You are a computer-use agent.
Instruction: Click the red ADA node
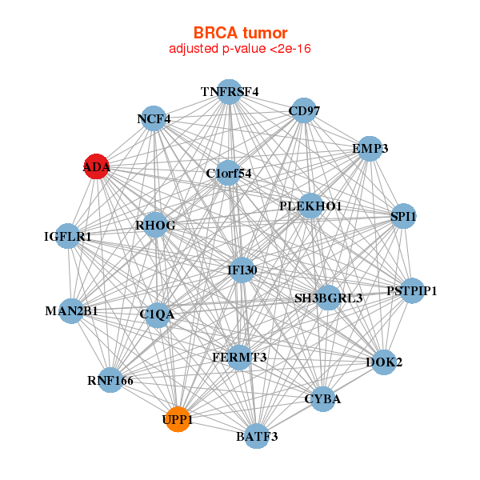click(96, 166)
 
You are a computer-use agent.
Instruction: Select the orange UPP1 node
click(178, 418)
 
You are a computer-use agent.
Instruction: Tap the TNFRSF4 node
click(230, 92)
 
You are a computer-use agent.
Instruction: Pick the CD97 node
click(304, 110)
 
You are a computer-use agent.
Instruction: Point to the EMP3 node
click(369, 149)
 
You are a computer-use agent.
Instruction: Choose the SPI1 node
click(403, 216)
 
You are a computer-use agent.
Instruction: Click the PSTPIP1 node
click(411, 290)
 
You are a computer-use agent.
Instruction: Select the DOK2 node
click(385, 362)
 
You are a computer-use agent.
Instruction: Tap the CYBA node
click(322, 399)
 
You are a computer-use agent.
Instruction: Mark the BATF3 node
click(257, 436)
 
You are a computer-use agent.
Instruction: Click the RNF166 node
click(111, 380)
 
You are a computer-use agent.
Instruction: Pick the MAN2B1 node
click(72, 310)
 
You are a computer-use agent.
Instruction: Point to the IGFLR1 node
click(69, 236)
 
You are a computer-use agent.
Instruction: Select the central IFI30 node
click(242, 270)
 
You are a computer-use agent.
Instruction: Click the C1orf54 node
click(228, 173)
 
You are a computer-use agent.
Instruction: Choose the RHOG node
click(154, 225)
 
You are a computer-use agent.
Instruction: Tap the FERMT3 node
click(239, 357)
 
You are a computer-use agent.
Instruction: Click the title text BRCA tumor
click(240, 33)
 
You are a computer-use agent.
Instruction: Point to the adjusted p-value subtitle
click(240, 49)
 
